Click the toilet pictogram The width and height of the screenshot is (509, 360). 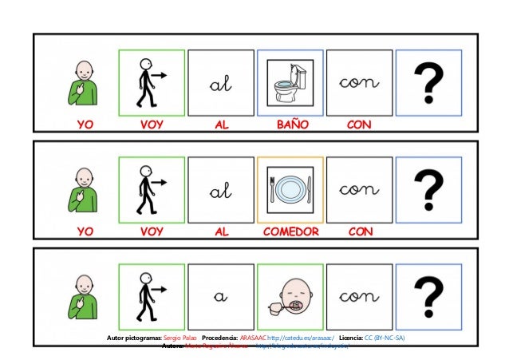tap(290, 83)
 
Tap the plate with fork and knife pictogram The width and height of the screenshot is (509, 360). tap(290, 190)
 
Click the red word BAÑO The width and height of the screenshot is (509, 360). tap(291, 125)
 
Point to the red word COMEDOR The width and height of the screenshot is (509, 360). tap(291, 232)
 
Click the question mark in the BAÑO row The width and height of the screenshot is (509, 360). tap(428, 83)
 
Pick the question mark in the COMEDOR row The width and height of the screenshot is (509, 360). tap(428, 190)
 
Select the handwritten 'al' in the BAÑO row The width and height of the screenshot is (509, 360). tap(221, 83)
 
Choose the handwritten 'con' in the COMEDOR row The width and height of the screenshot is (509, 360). tap(359, 190)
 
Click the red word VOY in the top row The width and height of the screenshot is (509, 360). tap(152, 125)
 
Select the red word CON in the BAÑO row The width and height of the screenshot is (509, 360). tap(361, 125)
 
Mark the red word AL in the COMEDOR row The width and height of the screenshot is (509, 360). tap(222, 232)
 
